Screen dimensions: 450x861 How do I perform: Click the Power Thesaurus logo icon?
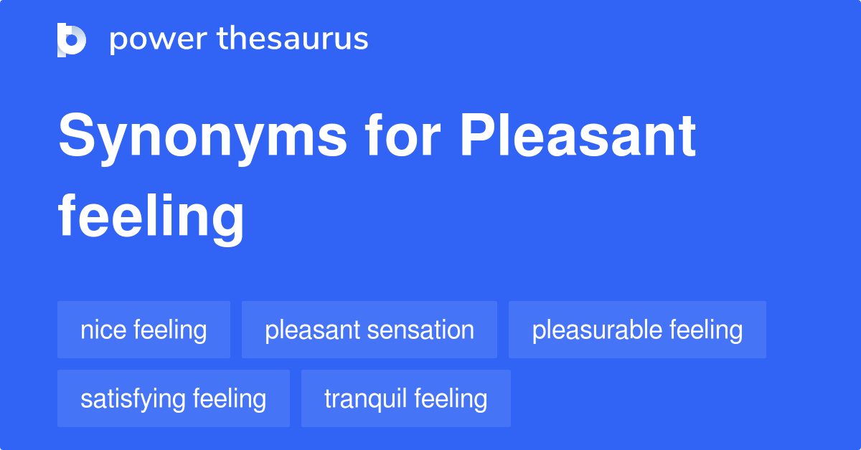[71, 39]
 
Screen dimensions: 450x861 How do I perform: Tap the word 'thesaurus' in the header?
[293, 39]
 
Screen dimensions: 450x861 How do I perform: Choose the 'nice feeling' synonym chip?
[143, 330]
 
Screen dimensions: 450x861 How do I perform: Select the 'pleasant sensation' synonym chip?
[370, 330]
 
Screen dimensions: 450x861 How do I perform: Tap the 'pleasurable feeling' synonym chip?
[637, 330]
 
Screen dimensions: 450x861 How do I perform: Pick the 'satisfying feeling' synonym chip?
[173, 398]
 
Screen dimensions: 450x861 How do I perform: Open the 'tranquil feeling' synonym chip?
[405, 398]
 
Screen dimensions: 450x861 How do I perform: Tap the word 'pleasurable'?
[597, 330]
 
